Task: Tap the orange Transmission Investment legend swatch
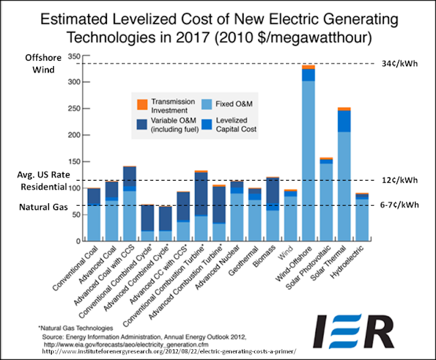coord(142,104)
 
